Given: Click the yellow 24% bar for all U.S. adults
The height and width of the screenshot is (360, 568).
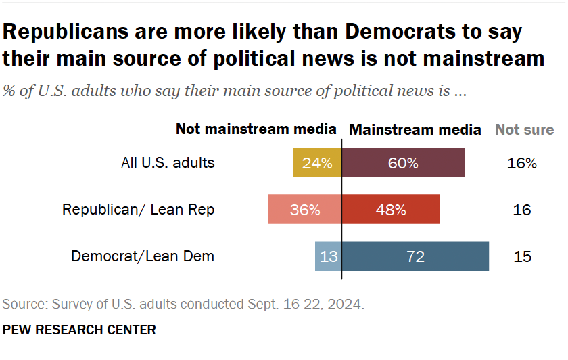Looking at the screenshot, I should tap(317, 163).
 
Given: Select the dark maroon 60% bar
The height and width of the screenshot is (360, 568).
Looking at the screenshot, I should tap(403, 163).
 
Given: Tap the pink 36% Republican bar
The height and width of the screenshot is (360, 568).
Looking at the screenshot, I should tap(305, 210).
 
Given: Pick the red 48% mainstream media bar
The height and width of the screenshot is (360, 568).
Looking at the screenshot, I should tap(391, 210).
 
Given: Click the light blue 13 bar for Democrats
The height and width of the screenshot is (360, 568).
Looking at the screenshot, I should tap(329, 256).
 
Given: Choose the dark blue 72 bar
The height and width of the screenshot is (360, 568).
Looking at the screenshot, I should tap(415, 256).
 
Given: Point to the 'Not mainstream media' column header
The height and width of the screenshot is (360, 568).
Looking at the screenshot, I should tap(256, 129).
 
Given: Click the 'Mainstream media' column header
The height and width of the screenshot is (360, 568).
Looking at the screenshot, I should tap(415, 129).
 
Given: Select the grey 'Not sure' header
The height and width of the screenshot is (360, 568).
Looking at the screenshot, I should tap(524, 129).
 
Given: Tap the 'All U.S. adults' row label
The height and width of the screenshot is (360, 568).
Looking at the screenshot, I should tap(168, 163).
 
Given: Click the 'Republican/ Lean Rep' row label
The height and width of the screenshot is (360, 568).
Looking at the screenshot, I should tap(138, 210).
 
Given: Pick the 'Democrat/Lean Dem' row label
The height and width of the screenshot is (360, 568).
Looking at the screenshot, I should tap(143, 256).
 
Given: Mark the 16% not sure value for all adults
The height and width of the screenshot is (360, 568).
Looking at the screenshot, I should tap(521, 163).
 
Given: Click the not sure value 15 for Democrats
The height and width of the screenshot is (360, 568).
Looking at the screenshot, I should tap(521, 256).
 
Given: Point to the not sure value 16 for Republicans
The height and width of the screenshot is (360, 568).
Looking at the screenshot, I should tap(521, 210).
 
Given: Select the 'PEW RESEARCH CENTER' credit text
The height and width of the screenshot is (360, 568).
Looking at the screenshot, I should tap(79, 330).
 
